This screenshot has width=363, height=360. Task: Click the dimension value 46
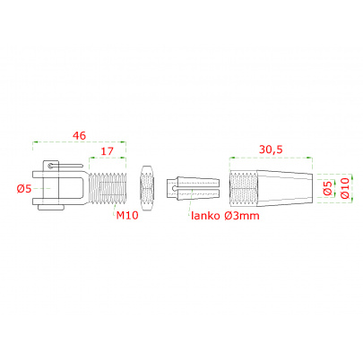pos(79,136)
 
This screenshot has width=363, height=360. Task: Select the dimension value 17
pos(107,151)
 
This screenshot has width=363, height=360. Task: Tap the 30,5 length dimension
pos(271,150)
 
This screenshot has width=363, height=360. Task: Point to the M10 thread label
pos(127,215)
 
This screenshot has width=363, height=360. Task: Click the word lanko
pos(205,215)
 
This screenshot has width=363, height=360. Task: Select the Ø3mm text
pos(242,216)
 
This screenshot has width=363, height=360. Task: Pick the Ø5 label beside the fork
pos(24,189)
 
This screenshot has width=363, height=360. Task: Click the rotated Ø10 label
pos(344,188)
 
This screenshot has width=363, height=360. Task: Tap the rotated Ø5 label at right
pos(328,188)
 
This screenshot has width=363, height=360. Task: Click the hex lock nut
pos(147,188)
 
